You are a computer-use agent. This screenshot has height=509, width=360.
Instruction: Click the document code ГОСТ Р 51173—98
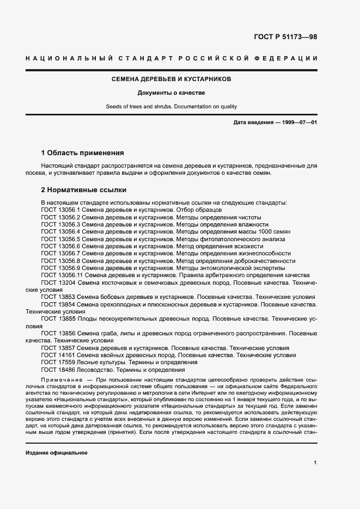285,37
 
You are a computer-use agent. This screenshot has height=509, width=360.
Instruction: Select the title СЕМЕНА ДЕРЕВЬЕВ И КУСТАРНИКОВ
172,79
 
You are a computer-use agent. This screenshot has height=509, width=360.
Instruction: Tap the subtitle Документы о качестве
171,93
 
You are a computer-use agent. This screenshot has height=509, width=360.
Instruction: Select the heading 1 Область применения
83,153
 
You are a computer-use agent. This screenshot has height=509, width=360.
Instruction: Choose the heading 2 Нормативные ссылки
84,190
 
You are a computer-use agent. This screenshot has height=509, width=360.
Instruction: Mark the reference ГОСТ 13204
58,283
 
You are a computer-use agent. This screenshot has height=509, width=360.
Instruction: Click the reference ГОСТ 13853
58,297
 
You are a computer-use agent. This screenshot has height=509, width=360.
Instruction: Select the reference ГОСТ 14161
58,355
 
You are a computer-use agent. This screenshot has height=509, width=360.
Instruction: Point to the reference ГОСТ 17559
58,362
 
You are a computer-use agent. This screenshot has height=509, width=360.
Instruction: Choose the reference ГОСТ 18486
58,370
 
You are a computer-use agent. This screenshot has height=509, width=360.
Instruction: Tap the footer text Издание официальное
57,453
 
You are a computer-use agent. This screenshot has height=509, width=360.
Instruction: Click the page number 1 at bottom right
315,463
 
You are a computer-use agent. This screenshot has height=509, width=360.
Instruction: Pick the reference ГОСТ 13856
58,333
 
